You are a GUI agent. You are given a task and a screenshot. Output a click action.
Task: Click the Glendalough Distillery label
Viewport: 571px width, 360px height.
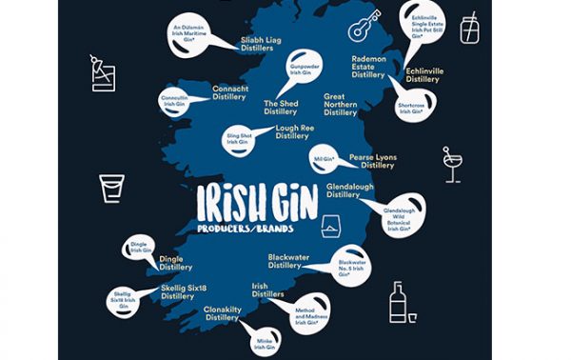tap(349, 190)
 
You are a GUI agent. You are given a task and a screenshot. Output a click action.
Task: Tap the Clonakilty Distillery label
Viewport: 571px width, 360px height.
tap(221, 313)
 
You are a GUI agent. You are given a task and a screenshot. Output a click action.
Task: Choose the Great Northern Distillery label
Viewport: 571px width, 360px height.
tap(340, 105)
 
